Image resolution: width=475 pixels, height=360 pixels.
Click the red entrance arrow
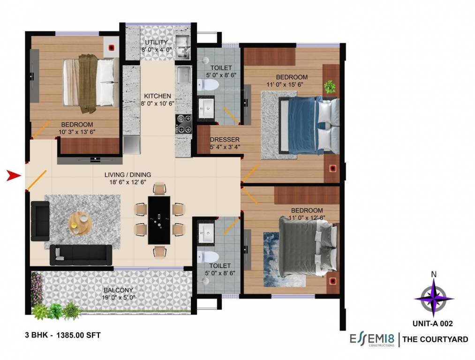pos(14,176)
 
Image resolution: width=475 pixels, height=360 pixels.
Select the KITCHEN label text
pos(157,96)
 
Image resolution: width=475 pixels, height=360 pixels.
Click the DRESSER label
pos(225,140)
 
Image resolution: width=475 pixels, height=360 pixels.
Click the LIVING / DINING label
pos(128,175)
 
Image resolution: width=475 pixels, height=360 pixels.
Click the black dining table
pos(159,220)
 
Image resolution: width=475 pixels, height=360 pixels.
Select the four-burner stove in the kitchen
pos(183,123)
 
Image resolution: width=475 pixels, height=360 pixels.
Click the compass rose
pos(434,298)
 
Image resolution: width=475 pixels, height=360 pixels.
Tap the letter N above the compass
pos(434,275)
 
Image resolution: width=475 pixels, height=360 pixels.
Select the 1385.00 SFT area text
pos(78,335)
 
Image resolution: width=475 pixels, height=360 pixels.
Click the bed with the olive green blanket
pos(90,83)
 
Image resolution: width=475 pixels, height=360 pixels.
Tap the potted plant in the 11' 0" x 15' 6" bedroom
pos(330,86)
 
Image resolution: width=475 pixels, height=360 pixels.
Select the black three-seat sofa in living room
pos(81,255)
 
